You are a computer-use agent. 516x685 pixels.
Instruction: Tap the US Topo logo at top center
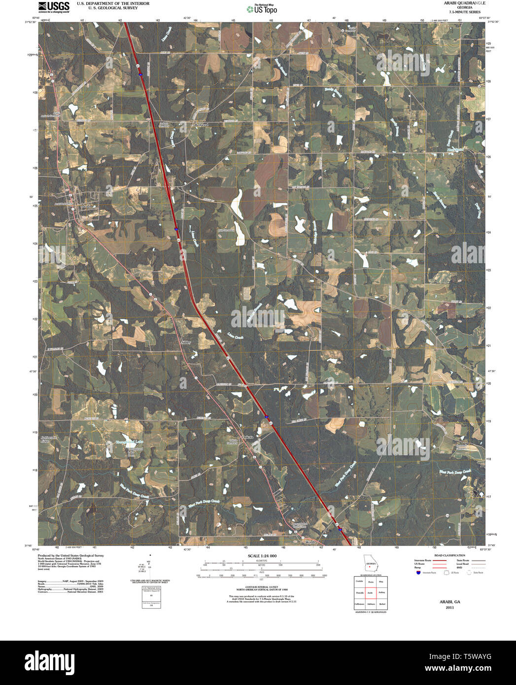point(262,8)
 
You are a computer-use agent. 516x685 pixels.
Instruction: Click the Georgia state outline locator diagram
point(370,564)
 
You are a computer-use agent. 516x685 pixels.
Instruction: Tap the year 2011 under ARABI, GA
point(449,608)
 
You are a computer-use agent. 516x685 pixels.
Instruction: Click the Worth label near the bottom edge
point(310,542)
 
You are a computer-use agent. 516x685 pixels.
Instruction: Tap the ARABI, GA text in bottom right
point(449,602)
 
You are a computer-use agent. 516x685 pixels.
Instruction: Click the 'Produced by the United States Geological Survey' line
point(71,555)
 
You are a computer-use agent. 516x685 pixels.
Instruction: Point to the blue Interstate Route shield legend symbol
point(418,573)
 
